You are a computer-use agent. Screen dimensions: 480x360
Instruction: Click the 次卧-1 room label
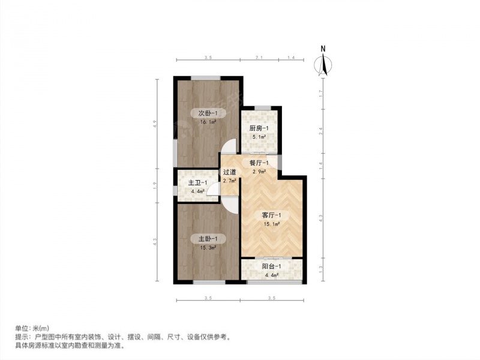[208, 113]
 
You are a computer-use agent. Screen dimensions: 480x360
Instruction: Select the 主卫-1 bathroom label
[197, 183]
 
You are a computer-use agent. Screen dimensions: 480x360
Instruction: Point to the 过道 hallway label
[230, 172]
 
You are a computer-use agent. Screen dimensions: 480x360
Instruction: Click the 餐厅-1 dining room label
[259, 163]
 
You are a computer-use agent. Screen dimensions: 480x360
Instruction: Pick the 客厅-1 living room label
[271, 215]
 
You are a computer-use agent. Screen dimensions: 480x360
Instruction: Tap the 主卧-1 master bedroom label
[208, 238]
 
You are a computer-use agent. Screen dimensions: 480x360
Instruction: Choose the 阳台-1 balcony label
[271, 266]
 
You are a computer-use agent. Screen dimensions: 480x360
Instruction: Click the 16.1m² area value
[208, 122]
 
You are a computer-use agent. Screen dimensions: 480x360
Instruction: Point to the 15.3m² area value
[208, 247]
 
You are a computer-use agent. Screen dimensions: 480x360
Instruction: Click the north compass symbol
[323, 65]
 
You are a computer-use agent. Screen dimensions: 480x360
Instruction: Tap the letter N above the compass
[323, 49]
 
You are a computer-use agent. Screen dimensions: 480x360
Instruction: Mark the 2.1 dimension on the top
[259, 57]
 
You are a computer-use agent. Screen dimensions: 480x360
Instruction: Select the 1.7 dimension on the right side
[321, 94]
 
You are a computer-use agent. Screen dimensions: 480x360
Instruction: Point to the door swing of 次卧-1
[230, 146]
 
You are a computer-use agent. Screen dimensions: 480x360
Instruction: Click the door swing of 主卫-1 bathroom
[213, 188]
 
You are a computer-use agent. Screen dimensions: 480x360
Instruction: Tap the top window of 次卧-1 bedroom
[206, 78]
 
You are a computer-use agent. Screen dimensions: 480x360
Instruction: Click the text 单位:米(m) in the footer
[32, 328]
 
